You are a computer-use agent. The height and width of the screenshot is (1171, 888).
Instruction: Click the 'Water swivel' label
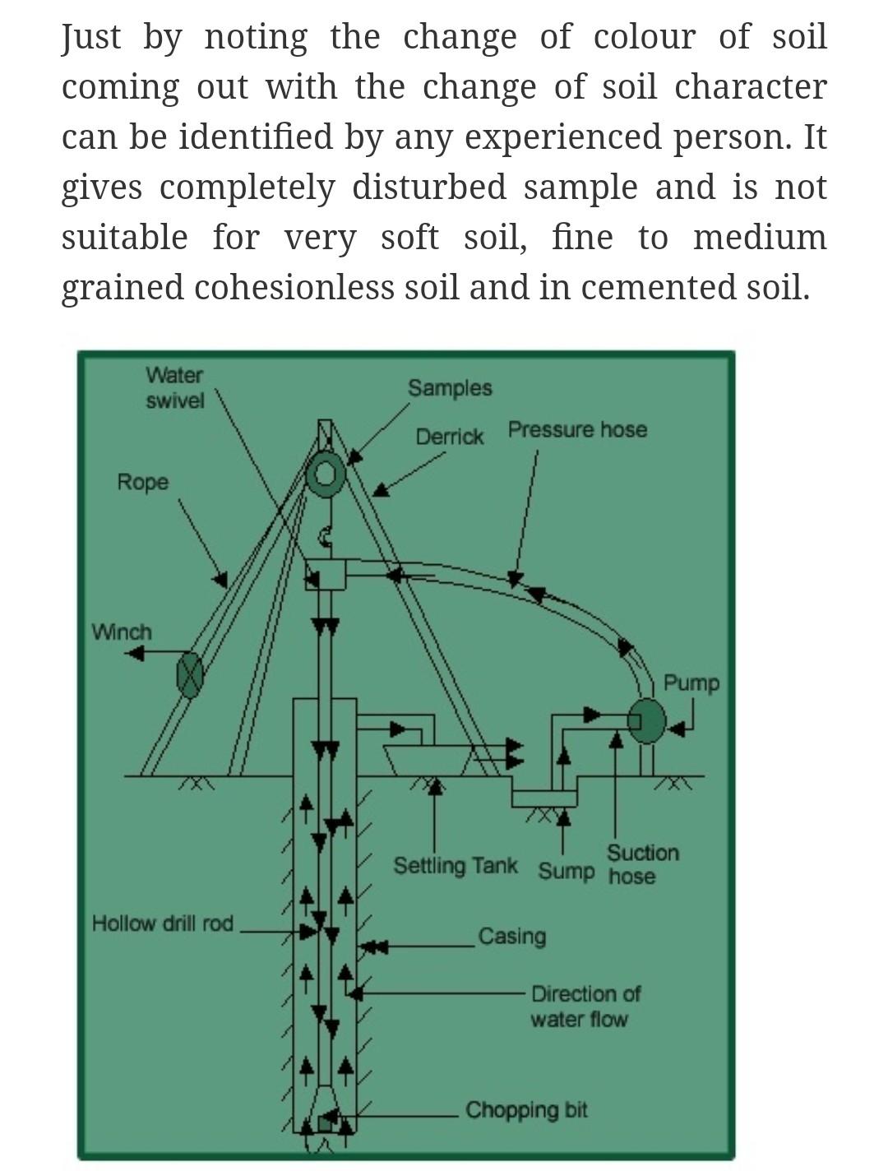[x=174, y=388]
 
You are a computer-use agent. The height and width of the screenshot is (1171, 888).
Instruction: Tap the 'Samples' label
[x=450, y=388]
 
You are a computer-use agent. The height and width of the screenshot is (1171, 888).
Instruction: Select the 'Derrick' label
[x=449, y=437]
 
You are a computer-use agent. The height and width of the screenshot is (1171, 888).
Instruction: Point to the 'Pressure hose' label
[x=577, y=430]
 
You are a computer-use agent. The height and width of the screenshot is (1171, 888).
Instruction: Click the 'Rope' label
[x=142, y=482]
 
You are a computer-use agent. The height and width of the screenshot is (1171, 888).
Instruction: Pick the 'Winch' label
[x=122, y=632]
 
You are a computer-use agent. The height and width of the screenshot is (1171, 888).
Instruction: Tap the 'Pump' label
[x=691, y=683]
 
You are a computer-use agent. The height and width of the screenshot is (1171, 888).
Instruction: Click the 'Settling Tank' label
[x=456, y=866]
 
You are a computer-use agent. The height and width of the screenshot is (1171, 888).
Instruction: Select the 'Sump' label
[x=566, y=871]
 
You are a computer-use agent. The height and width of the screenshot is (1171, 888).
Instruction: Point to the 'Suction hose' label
[x=642, y=864]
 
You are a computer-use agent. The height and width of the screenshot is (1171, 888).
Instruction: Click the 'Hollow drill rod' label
[x=163, y=923]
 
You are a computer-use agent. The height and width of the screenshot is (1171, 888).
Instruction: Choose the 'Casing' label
[x=511, y=937]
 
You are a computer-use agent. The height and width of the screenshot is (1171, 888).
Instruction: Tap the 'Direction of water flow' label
[x=584, y=1007]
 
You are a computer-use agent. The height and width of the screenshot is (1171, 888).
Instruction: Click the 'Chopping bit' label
[x=526, y=1110]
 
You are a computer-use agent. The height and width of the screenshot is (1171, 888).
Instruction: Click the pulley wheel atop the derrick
[x=326, y=474]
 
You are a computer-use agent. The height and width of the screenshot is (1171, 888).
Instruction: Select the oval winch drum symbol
[x=190, y=675]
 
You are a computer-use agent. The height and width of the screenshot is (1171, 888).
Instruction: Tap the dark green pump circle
[x=647, y=721]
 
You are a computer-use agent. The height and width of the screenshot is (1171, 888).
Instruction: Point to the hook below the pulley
[x=326, y=537]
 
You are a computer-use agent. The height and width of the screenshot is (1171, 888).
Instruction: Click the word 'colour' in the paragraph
[x=644, y=37]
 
